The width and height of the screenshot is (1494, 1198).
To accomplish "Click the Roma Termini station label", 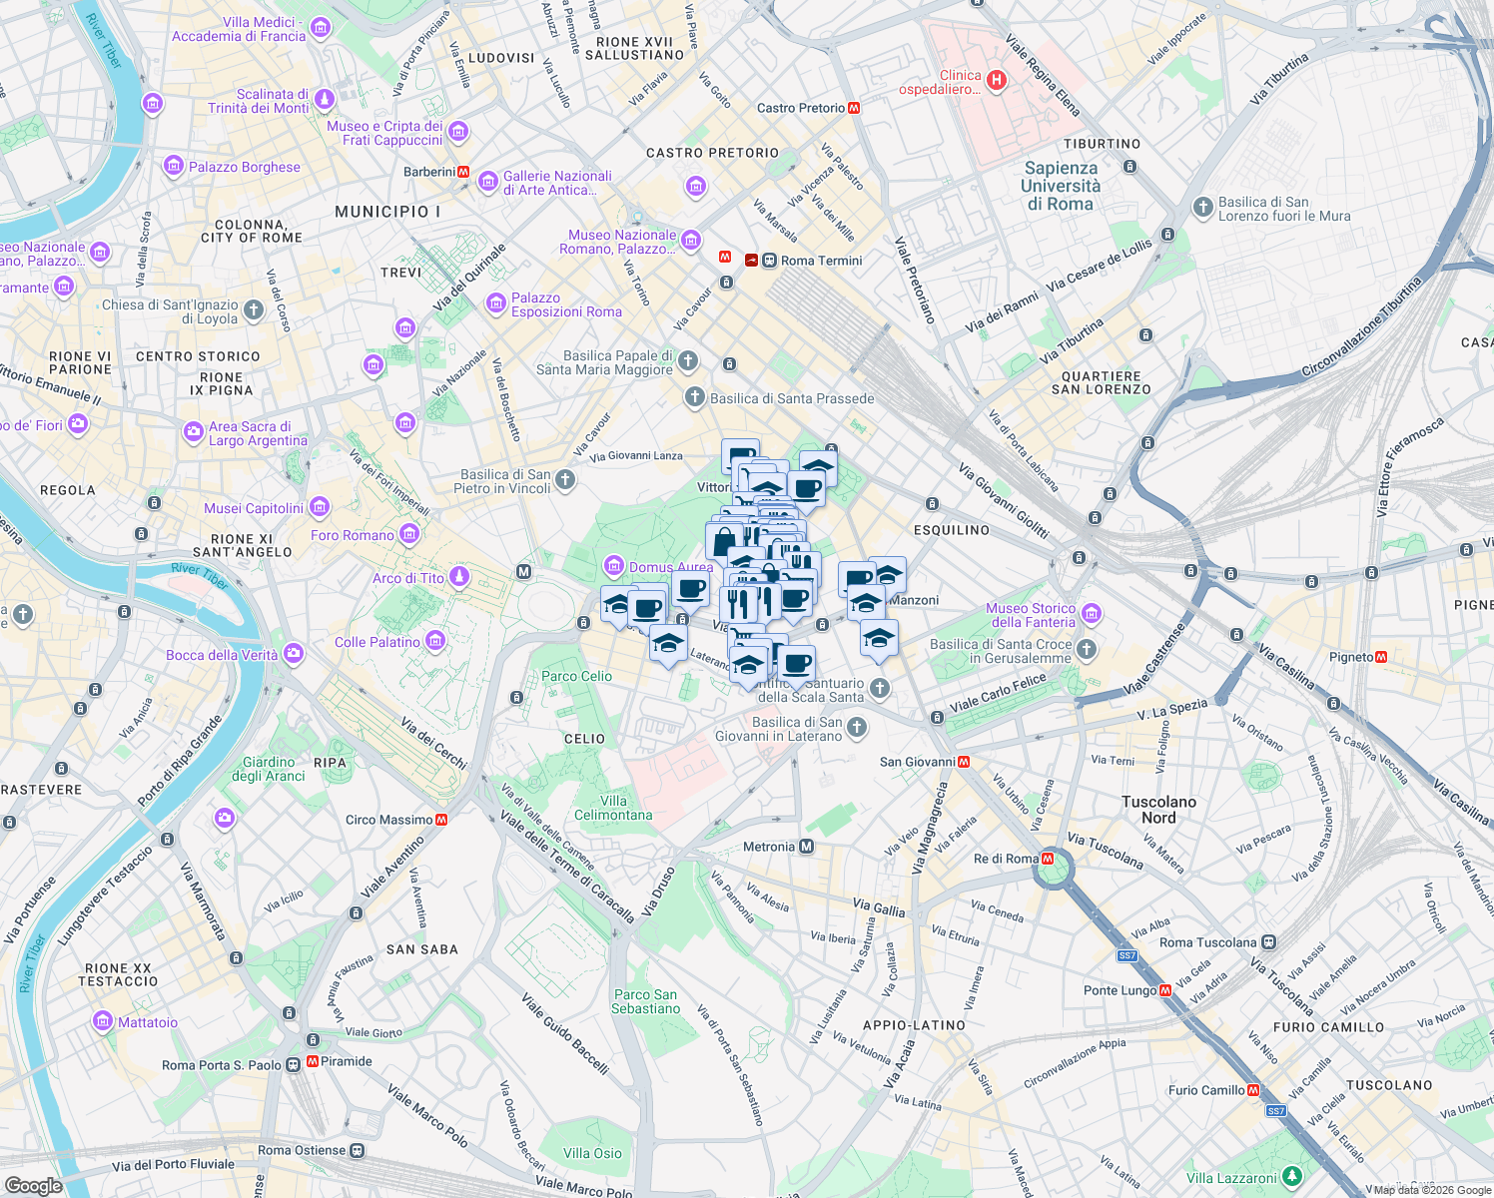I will click(821, 261).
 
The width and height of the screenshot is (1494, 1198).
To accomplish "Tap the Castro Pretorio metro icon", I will click(854, 108).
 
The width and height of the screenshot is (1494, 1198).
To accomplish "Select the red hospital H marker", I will click(996, 80).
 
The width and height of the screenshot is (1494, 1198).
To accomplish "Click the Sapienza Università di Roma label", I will click(1061, 187).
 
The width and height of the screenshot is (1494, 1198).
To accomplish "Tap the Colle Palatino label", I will click(377, 642).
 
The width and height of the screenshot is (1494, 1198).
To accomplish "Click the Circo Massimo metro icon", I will click(441, 820).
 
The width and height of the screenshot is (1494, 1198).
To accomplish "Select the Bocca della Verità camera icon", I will click(294, 654).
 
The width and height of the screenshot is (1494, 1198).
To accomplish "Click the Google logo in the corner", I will click(33, 1185).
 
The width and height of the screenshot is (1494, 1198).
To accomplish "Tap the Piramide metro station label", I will click(347, 1061).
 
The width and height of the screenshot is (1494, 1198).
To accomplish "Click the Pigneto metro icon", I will click(1381, 657).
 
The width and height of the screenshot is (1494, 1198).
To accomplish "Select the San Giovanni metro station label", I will click(917, 762).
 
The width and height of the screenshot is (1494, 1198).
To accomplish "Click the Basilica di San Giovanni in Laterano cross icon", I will click(857, 728).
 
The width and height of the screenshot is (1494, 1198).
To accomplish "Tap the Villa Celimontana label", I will click(613, 808).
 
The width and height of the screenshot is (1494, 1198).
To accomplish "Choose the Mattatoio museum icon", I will click(103, 1021).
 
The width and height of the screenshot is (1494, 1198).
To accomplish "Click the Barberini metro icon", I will click(464, 172).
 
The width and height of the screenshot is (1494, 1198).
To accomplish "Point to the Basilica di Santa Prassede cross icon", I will click(695, 397).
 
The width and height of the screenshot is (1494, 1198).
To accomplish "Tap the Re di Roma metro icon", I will click(1048, 859).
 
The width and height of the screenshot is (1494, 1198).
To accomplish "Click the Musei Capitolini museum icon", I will click(319, 507).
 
